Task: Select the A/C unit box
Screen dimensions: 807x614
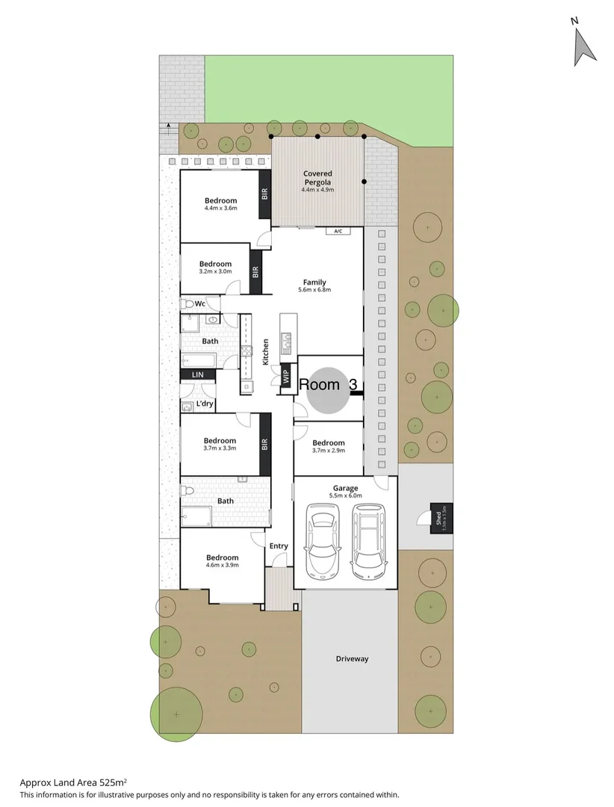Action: click(x=338, y=231)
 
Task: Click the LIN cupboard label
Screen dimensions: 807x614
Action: click(x=198, y=374)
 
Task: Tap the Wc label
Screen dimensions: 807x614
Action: click(x=199, y=304)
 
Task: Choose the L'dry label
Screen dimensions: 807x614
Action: click(x=205, y=405)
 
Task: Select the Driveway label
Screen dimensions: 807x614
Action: click(x=352, y=659)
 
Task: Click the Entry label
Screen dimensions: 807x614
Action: click(x=279, y=546)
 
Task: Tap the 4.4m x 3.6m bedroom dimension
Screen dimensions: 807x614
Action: click(x=220, y=208)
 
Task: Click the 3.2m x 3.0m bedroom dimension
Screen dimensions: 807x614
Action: click(x=215, y=271)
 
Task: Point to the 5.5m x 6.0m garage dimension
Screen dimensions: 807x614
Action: click(x=345, y=495)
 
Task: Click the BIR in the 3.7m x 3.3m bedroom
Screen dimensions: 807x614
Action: click(x=264, y=444)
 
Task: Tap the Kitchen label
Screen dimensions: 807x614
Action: click(x=265, y=352)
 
